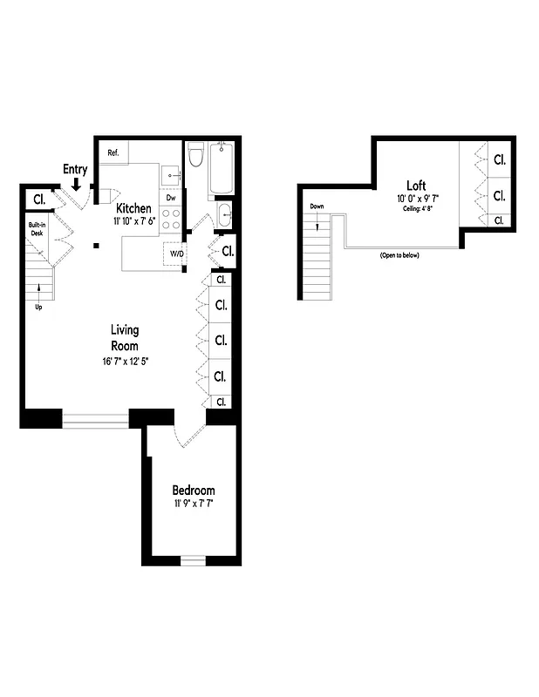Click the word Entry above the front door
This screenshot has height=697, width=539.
pyautogui.click(x=75, y=169)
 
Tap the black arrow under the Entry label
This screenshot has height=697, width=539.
pyautogui.click(x=77, y=184)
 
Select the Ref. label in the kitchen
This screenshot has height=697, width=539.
pyautogui.click(x=113, y=153)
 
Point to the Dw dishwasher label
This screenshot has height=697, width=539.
pyautogui.click(x=171, y=198)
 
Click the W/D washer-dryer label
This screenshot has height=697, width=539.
pyautogui.click(x=175, y=254)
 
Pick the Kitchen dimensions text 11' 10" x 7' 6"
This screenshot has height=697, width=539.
pyautogui.click(x=133, y=222)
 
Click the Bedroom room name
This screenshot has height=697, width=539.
pyautogui.click(x=193, y=491)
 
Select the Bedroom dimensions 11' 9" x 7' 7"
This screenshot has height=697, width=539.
pyautogui.click(x=193, y=504)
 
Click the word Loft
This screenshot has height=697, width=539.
pyautogui.click(x=416, y=185)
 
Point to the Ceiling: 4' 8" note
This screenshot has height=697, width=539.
pyautogui.click(x=416, y=209)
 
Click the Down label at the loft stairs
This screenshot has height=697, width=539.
pyautogui.click(x=317, y=206)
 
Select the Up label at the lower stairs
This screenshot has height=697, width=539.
pyautogui.click(x=38, y=307)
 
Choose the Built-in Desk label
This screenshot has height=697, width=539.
pyautogui.click(x=36, y=229)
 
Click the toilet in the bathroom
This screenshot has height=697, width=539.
pyautogui.click(x=196, y=156)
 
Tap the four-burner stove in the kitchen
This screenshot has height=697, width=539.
pyautogui.click(x=171, y=219)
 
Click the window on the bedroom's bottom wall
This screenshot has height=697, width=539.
pyautogui.click(x=193, y=560)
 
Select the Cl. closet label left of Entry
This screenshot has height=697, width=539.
pyautogui.click(x=38, y=199)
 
